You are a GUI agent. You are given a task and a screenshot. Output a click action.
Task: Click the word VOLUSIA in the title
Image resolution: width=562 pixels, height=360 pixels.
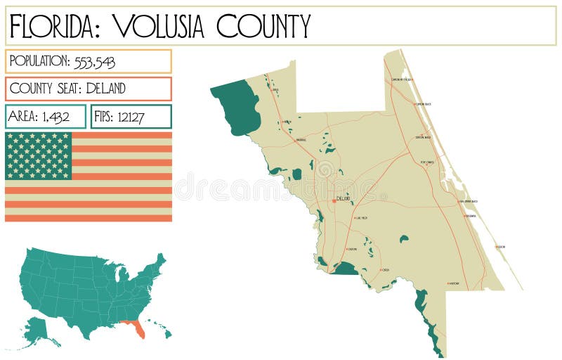point(159,26)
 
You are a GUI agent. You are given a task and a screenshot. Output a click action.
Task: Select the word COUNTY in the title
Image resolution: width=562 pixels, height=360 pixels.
point(263,26)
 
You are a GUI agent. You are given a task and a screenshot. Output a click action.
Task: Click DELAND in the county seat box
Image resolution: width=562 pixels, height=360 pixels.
point(105,89)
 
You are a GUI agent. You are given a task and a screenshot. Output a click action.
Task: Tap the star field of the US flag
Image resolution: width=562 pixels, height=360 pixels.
point(39,155)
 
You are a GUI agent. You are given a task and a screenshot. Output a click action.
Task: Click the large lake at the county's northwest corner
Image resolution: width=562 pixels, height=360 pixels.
point(237,105)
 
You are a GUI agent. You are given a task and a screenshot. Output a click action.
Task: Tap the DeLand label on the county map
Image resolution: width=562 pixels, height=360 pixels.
point(344,199)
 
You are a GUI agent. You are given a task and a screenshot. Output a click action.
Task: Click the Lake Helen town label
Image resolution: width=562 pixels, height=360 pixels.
point(362,218)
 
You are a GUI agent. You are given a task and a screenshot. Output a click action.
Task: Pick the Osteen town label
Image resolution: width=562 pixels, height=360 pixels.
point(385,270)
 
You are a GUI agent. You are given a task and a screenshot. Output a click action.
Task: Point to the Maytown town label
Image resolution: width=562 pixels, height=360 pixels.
point(454,283)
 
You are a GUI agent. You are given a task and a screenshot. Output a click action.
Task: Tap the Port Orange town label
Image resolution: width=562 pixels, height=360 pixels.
point(427,162)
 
